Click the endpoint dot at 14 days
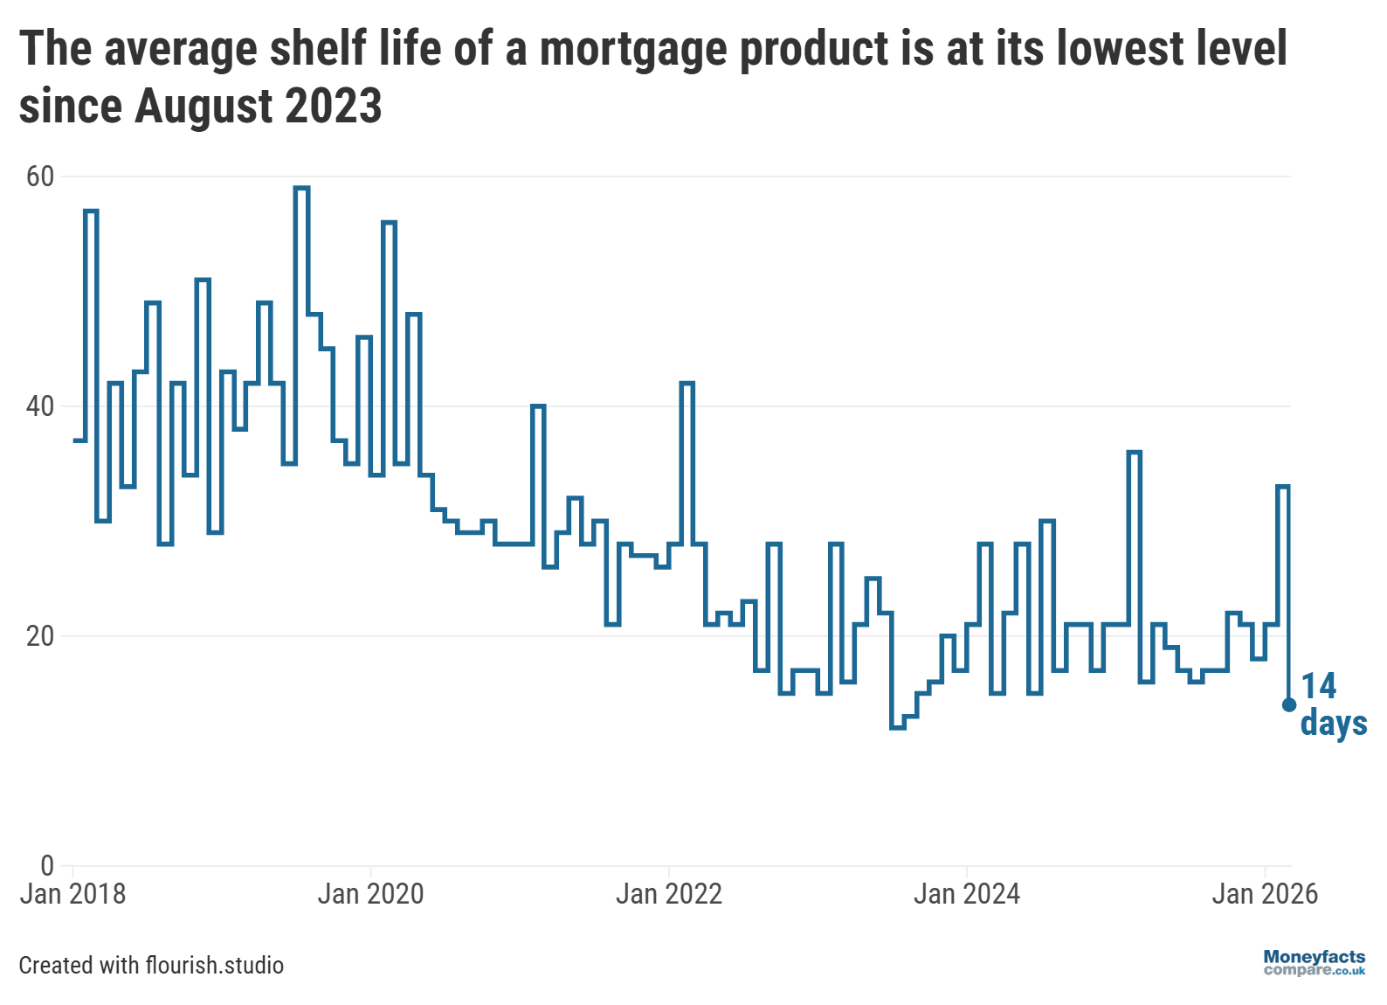[1288, 704]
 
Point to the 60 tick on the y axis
[40, 177]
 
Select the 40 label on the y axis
[40, 406]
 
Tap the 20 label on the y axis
[40, 636]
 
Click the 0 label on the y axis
[47, 865]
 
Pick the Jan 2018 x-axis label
[72, 894]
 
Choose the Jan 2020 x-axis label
[370, 894]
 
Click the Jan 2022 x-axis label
[669, 894]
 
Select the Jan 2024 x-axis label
[967, 894]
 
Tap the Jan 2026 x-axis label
[1265, 894]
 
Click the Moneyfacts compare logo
[1314, 963]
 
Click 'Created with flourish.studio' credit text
[151, 966]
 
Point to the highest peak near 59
[301, 188]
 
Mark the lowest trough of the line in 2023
[897, 727]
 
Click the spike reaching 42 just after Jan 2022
[687, 384]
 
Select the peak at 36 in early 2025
[1134, 453]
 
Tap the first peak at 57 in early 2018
[91, 211]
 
